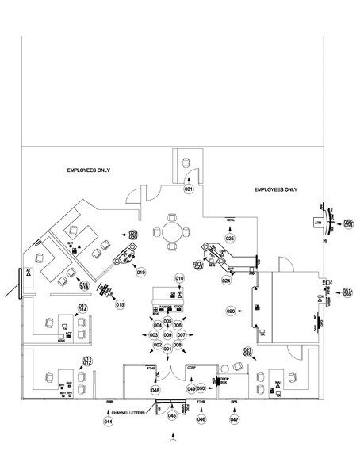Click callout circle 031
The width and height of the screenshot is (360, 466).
coord(189,190)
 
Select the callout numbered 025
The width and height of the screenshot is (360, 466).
coord(230,238)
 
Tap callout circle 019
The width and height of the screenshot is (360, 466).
coord(140,273)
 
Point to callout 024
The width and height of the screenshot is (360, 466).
coord(226,281)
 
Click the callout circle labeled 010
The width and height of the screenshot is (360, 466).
coord(179,279)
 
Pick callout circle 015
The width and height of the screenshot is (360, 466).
coord(121,304)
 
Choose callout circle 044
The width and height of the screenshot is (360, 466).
coord(109,422)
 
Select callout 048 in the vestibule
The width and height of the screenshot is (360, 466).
coord(155,390)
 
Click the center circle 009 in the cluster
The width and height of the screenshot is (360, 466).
coord(167,335)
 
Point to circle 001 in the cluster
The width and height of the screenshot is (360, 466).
coord(167,349)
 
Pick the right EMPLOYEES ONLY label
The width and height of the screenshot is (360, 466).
coord(275,190)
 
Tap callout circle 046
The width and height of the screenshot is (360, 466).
coord(201,419)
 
